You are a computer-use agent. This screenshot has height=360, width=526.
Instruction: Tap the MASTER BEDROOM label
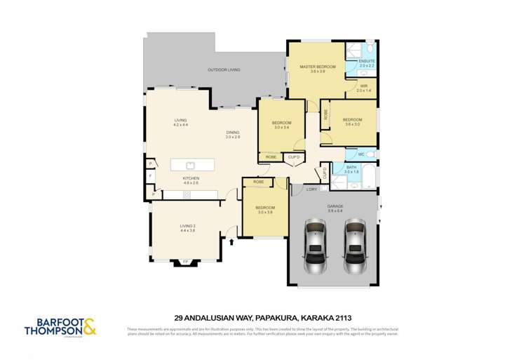[318, 67]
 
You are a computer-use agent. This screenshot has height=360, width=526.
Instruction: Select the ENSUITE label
[367, 61]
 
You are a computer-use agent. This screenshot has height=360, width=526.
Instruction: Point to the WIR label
[363, 86]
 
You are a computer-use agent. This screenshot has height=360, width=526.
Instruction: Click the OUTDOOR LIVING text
[224, 69]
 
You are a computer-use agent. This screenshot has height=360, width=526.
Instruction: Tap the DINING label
[232, 132]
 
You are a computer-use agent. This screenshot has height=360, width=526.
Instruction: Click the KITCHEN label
[191, 178]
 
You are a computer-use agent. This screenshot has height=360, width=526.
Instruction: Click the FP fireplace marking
[186, 262]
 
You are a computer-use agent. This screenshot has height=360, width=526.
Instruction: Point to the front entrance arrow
[232, 242]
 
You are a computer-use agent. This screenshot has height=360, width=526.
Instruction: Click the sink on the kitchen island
[190, 166]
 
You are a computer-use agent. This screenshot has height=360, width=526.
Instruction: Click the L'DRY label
[313, 189]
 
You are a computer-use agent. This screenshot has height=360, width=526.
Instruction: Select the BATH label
[351, 167]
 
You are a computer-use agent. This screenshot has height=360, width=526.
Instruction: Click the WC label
[360, 154]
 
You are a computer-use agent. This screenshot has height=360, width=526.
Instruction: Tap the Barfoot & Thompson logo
[60, 327]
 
